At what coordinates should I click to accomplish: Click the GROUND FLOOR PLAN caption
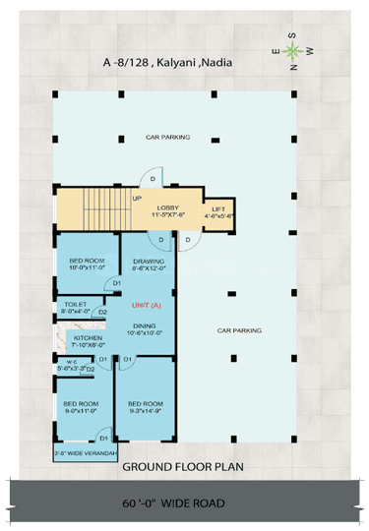point(183,467)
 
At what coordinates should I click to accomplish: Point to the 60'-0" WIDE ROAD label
point(183,501)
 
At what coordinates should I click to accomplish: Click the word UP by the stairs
point(137,198)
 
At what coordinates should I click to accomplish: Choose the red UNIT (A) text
point(147,306)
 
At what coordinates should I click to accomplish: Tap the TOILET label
point(77,305)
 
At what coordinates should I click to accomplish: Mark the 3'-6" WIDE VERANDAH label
point(86,452)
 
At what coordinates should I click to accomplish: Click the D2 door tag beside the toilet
point(102,313)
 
